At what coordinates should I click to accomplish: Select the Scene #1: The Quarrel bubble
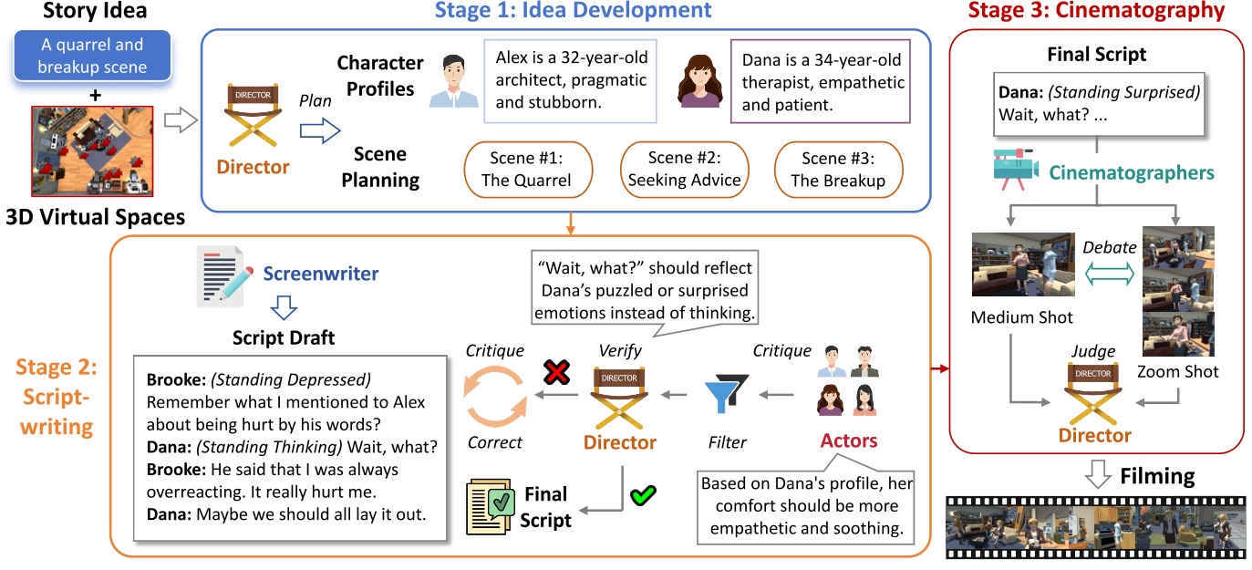pos(527,169)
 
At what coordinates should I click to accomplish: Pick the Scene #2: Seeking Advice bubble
pos(684,169)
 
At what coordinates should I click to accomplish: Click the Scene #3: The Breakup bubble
pos(837,169)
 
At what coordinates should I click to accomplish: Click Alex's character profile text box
pos(571,80)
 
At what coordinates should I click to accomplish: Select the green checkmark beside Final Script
pos(643,496)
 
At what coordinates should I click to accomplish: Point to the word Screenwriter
pos(320,273)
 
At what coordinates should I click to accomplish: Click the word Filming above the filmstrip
pos(1156,476)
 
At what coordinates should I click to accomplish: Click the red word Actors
pos(848,441)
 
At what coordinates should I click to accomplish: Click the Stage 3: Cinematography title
pos(1096,11)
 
